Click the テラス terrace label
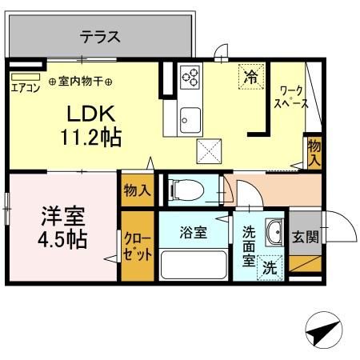click(x=100, y=36)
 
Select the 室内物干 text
click(x=81, y=81)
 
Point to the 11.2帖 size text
click(x=90, y=137)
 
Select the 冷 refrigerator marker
click(x=251, y=78)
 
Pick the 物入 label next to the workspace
click(x=314, y=153)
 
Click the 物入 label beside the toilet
click(x=137, y=191)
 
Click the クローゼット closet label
click(x=136, y=243)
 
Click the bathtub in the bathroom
click(x=194, y=264)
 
